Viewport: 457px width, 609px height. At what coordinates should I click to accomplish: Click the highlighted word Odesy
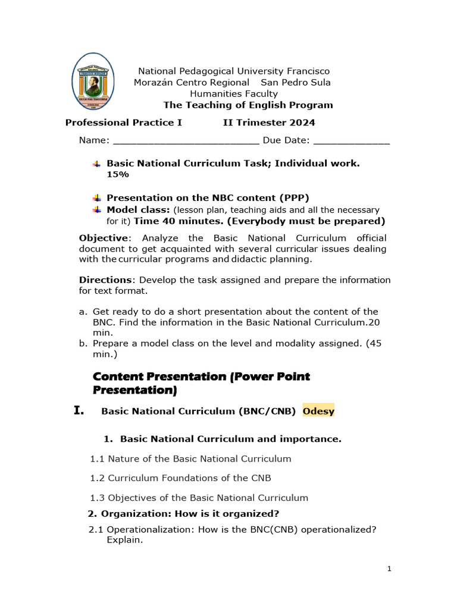tap(318, 411)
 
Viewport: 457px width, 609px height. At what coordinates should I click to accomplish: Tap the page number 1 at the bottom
tap(389, 569)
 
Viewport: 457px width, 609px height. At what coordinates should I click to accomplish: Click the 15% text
tap(117, 174)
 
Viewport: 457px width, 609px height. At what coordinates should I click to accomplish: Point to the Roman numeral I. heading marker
tap(81, 410)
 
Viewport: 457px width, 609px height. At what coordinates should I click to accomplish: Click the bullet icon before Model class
tap(98, 210)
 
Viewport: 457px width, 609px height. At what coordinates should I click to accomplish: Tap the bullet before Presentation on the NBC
tap(98, 198)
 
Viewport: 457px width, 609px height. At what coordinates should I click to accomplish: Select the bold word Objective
tap(104, 238)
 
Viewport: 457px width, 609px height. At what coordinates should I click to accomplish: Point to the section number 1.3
tap(98, 498)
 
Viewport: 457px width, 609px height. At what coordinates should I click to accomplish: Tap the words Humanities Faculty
tap(234, 93)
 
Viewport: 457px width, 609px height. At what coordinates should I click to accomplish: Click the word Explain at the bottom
tap(124, 541)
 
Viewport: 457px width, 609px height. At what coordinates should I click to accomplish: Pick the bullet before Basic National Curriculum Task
tap(98, 163)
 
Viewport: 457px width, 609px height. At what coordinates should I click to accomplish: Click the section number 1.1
tap(98, 459)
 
